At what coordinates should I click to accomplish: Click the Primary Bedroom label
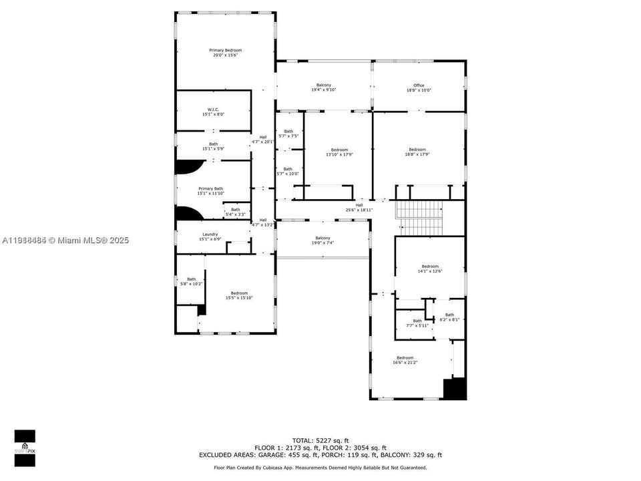pos(225,53)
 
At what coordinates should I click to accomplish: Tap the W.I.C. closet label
pos(213,112)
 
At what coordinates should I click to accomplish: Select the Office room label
pos(419,88)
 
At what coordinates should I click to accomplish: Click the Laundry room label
pos(210,236)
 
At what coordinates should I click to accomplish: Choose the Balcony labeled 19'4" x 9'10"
pos(323,88)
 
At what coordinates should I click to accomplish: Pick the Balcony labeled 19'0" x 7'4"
pos(323,240)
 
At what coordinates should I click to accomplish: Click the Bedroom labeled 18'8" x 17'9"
pos(417,152)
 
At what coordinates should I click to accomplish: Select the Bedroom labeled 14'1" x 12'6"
pos(430,269)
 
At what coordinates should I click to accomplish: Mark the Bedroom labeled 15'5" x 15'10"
pos(239,295)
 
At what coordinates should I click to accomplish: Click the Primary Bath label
pos(210,191)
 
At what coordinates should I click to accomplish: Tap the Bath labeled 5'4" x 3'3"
pos(236,212)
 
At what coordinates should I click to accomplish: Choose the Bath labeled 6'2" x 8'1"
pos(449,317)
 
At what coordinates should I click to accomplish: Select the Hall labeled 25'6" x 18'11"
pos(359,208)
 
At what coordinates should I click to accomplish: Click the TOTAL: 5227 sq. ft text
pos(320,440)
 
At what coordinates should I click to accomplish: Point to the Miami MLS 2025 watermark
pos(65,239)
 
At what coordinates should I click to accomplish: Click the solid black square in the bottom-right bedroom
pos(455,389)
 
